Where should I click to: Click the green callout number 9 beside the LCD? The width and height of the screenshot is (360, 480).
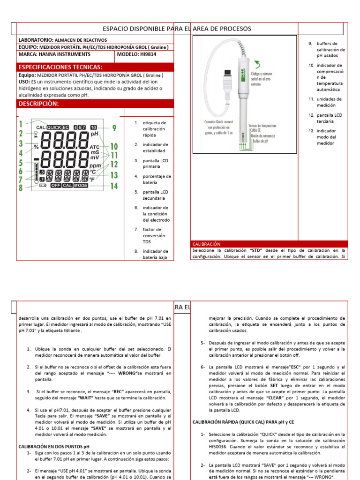coord(114,127)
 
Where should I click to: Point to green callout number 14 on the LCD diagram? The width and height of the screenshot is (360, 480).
coord(114,186)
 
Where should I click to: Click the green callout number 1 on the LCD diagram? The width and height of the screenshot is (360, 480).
coord(21,124)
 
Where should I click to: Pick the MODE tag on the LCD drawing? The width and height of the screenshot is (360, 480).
coord(81,186)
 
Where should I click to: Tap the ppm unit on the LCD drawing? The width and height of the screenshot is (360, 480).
coord(95,166)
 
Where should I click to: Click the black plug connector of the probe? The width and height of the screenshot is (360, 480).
coord(227,75)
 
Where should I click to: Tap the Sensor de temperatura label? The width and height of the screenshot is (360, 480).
coord(262,126)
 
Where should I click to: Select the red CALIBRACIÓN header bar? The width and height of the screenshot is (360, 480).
coord(206,244)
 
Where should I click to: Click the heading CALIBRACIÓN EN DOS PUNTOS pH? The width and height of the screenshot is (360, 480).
coord(53,446)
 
